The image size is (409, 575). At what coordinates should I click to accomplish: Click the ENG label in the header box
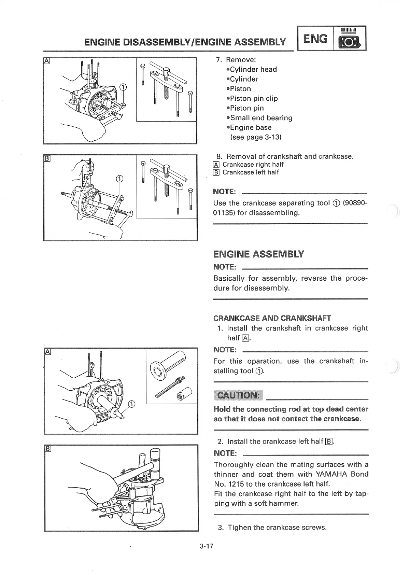pos(315,39)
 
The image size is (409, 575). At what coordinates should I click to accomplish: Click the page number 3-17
pos(206,546)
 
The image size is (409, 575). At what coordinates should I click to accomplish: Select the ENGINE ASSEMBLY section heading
pos(258,254)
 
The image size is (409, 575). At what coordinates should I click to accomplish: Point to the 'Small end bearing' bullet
pos(261,118)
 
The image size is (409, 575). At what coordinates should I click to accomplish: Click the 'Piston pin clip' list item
pos(254,98)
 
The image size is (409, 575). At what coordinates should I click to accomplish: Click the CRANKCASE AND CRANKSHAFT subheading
pos(272,318)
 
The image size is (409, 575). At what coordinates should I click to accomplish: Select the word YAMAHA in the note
pos(331,474)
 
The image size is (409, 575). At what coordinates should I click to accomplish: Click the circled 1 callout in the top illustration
pos(123,87)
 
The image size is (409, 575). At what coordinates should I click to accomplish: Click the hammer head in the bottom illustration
pos(155,459)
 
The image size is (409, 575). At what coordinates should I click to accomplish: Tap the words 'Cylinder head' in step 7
pos(253,69)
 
